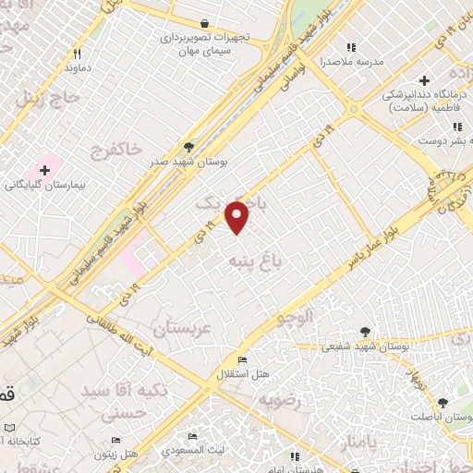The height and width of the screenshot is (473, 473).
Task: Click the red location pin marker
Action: click(x=238, y=216)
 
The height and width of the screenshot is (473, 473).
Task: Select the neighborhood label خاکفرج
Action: click(x=115, y=149)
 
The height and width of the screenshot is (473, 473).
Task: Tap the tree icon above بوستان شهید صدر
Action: click(x=189, y=146)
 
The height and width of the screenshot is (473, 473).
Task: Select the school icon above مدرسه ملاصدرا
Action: click(x=350, y=47)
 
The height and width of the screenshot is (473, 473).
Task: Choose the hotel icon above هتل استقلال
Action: click(x=243, y=360)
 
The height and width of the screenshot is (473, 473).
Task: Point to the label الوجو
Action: click(x=296, y=317)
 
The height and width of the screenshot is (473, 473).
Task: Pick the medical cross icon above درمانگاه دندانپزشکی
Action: click(x=424, y=79)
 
